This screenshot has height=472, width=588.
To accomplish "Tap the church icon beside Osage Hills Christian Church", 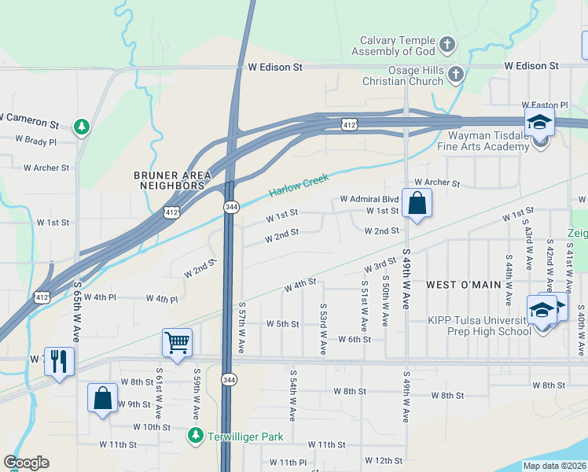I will (455, 75).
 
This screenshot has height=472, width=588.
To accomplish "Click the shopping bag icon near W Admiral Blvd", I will (417, 204).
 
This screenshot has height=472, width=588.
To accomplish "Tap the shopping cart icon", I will (177, 343).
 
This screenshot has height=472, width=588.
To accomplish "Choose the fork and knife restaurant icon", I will (59, 361).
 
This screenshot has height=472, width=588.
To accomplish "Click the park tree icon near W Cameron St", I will (80, 127).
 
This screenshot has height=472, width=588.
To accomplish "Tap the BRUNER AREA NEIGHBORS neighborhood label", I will (169, 180).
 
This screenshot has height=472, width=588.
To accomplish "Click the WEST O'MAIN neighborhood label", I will (464, 284).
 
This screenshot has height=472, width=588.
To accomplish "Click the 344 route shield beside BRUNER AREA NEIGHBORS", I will (231, 207).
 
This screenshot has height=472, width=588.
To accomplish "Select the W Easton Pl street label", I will (544, 105).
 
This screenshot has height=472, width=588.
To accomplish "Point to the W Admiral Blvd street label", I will (369, 199).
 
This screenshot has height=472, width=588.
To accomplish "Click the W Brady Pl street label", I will (36, 142).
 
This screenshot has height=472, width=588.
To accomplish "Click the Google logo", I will (26, 463).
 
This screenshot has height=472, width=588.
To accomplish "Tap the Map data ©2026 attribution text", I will (554, 466).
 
